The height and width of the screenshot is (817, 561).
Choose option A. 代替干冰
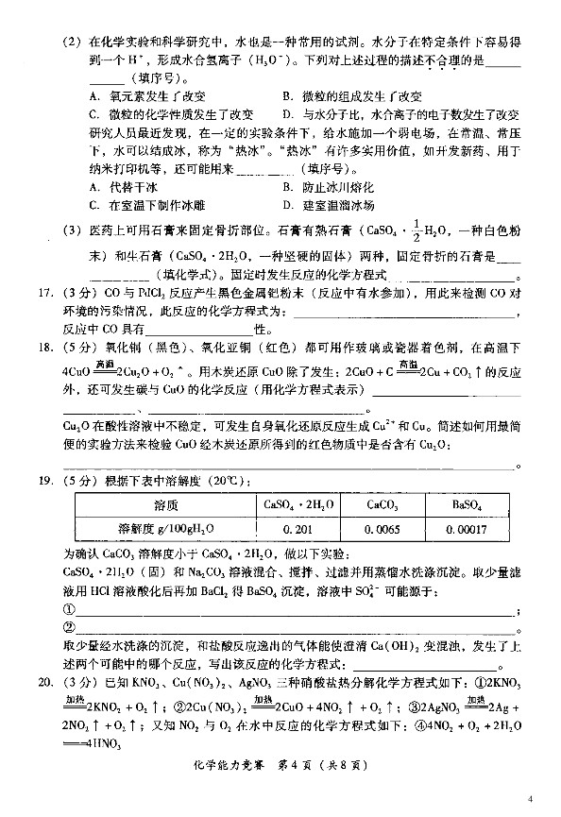click(121, 187)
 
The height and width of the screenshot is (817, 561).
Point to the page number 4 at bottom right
click(531, 799)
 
